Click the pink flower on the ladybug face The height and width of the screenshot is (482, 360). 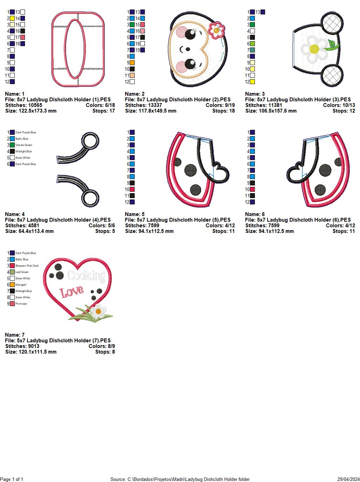[217, 30]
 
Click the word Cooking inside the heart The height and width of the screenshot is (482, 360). [86, 276]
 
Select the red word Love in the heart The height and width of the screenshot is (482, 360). [72, 291]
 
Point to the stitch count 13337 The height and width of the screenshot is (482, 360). [153, 105]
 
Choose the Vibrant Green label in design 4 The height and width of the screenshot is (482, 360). [24, 145]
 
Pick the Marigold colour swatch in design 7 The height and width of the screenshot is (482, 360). [12, 285]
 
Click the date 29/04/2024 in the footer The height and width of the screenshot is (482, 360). [348, 479]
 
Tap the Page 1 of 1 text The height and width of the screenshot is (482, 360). [12, 479]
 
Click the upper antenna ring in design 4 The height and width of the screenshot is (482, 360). [90, 141]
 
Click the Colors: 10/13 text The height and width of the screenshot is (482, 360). [339, 105]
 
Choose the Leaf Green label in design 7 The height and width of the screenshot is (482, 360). [22, 272]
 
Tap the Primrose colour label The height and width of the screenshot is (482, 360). [21, 304]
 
